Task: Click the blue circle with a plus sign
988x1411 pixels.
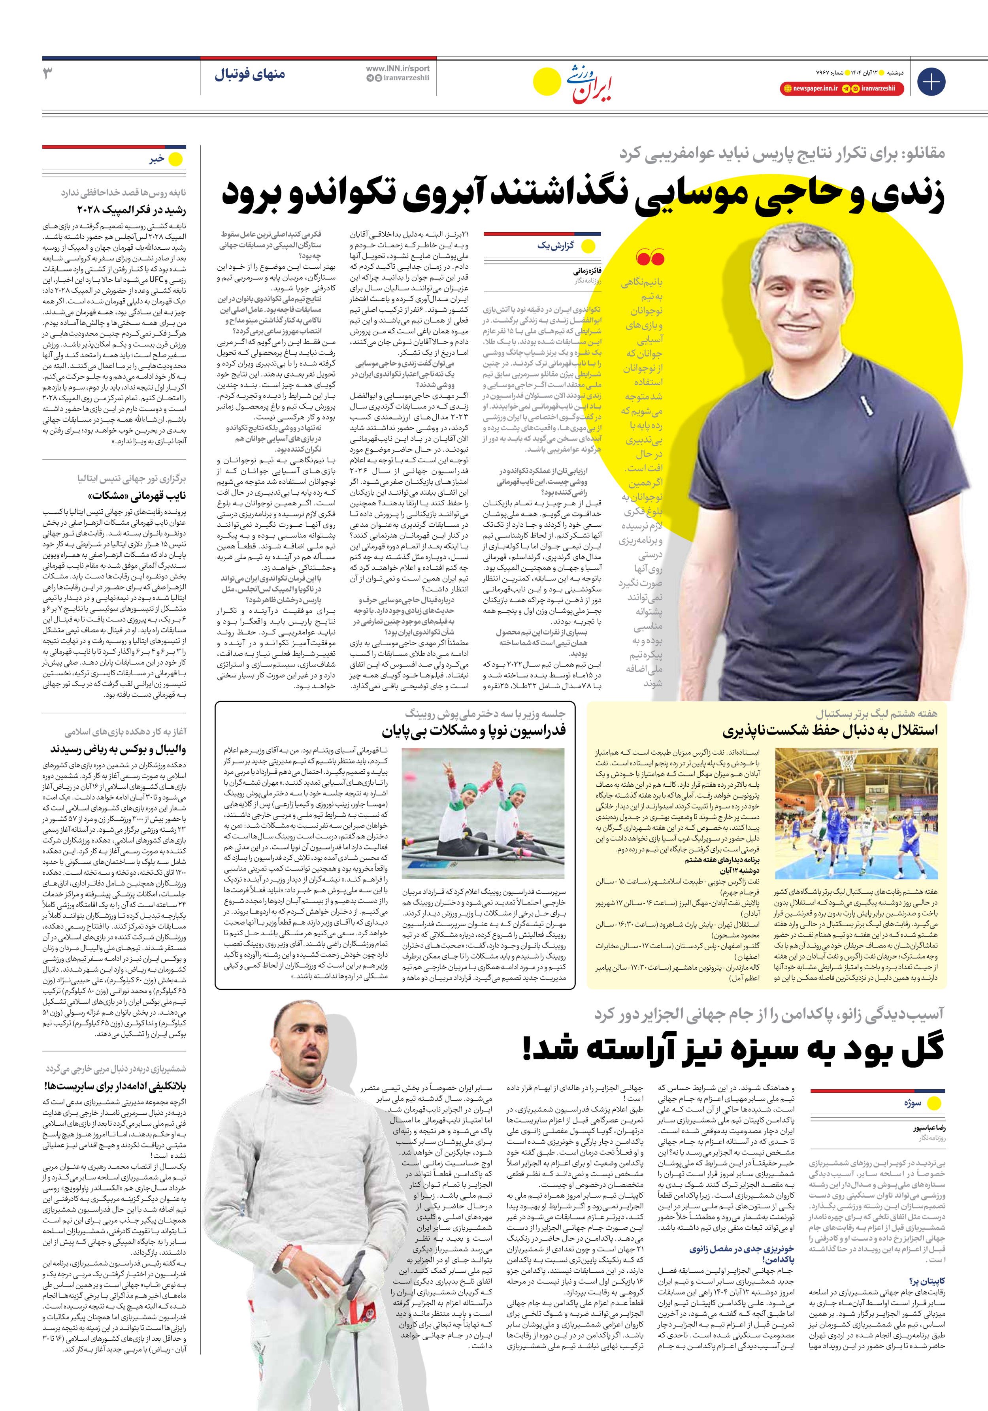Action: (931, 82)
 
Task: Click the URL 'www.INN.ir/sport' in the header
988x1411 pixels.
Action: (398, 68)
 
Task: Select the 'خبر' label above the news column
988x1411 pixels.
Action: (157, 159)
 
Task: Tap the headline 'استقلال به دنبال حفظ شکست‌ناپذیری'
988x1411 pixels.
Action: (830, 731)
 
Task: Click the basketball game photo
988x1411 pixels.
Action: (856, 813)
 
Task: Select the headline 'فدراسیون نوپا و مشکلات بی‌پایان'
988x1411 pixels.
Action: (473, 731)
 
